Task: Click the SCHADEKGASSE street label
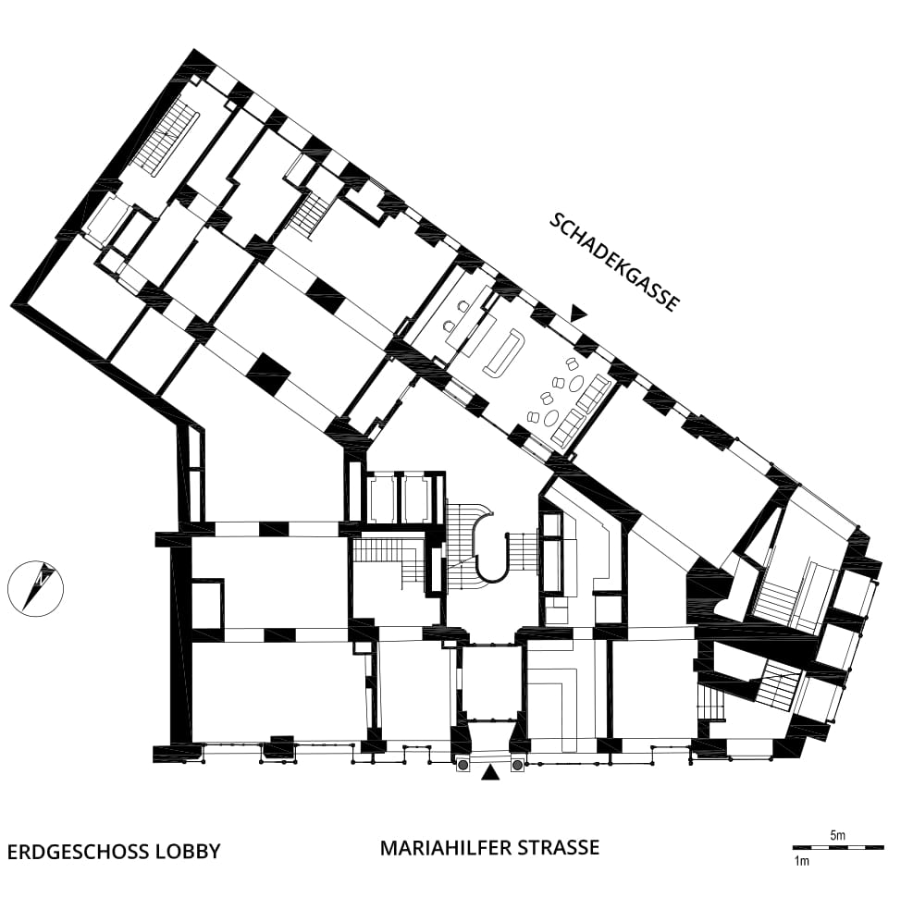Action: click(x=615, y=263)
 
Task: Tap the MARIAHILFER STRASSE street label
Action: click(x=489, y=847)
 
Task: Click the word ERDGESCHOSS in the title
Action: click(x=79, y=852)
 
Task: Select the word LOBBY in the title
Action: click(x=188, y=852)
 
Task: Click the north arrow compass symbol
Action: click(x=35, y=588)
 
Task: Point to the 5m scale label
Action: click(x=838, y=835)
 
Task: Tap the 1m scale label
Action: click(x=801, y=862)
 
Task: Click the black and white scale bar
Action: click(x=838, y=847)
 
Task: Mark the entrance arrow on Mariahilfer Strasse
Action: click(x=490, y=772)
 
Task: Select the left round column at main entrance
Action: click(x=463, y=765)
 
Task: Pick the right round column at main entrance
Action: click(x=517, y=765)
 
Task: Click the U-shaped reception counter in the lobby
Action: click(x=503, y=353)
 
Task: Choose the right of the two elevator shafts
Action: click(x=418, y=498)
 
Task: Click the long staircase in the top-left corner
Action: click(x=166, y=137)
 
